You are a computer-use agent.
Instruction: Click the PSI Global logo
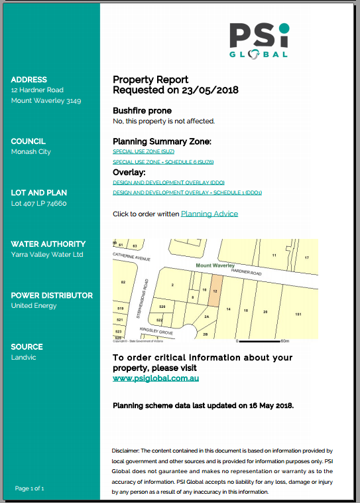pyautogui.click(x=259, y=40)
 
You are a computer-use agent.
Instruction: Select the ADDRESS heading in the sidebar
pyautogui.click(x=29, y=80)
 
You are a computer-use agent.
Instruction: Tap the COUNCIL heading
pyautogui.click(x=29, y=141)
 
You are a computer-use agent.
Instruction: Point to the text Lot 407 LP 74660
pyautogui.click(x=39, y=204)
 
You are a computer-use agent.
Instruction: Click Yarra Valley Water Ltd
pyautogui.click(x=47, y=254)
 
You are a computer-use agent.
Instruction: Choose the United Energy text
pyautogui.click(x=34, y=306)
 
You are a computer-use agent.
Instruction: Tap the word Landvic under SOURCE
pyautogui.click(x=23, y=357)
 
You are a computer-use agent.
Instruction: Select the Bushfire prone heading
pyautogui.click(x=142, y=111)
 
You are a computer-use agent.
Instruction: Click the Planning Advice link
pyautogui.click(x=209, y=214)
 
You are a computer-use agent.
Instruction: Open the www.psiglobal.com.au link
pyautogui.click(x=156, y=378)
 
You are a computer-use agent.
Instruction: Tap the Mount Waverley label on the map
pyautogui.click(x=215, y=265)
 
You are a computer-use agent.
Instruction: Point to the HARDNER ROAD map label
pyautogui.click(x=247, y=272)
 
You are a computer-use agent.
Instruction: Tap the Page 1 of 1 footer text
pyautogui.click(x=29, y=488)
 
